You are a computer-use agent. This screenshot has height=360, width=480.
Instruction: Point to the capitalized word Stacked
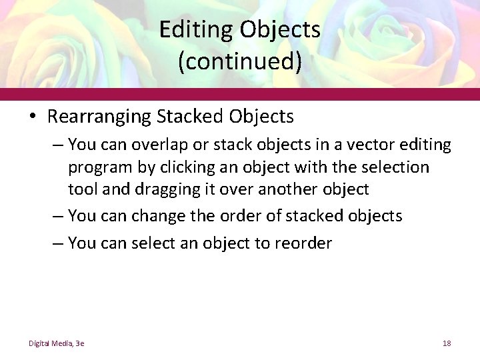pyautogui.click(x=190, y=117)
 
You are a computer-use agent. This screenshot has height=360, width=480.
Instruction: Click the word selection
pyautogui.click(x=389, y=167)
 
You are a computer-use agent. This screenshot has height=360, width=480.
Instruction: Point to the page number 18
pyautogui.click(x=447, y=343)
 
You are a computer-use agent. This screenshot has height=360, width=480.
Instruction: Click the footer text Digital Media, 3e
pyautogui.click(x=56, y=343)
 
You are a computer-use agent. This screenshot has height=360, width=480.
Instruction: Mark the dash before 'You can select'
pyautogui.click(x=58, y=244)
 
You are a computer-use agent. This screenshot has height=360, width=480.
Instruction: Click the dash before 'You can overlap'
pyautogui.click(x=58, y=145)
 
